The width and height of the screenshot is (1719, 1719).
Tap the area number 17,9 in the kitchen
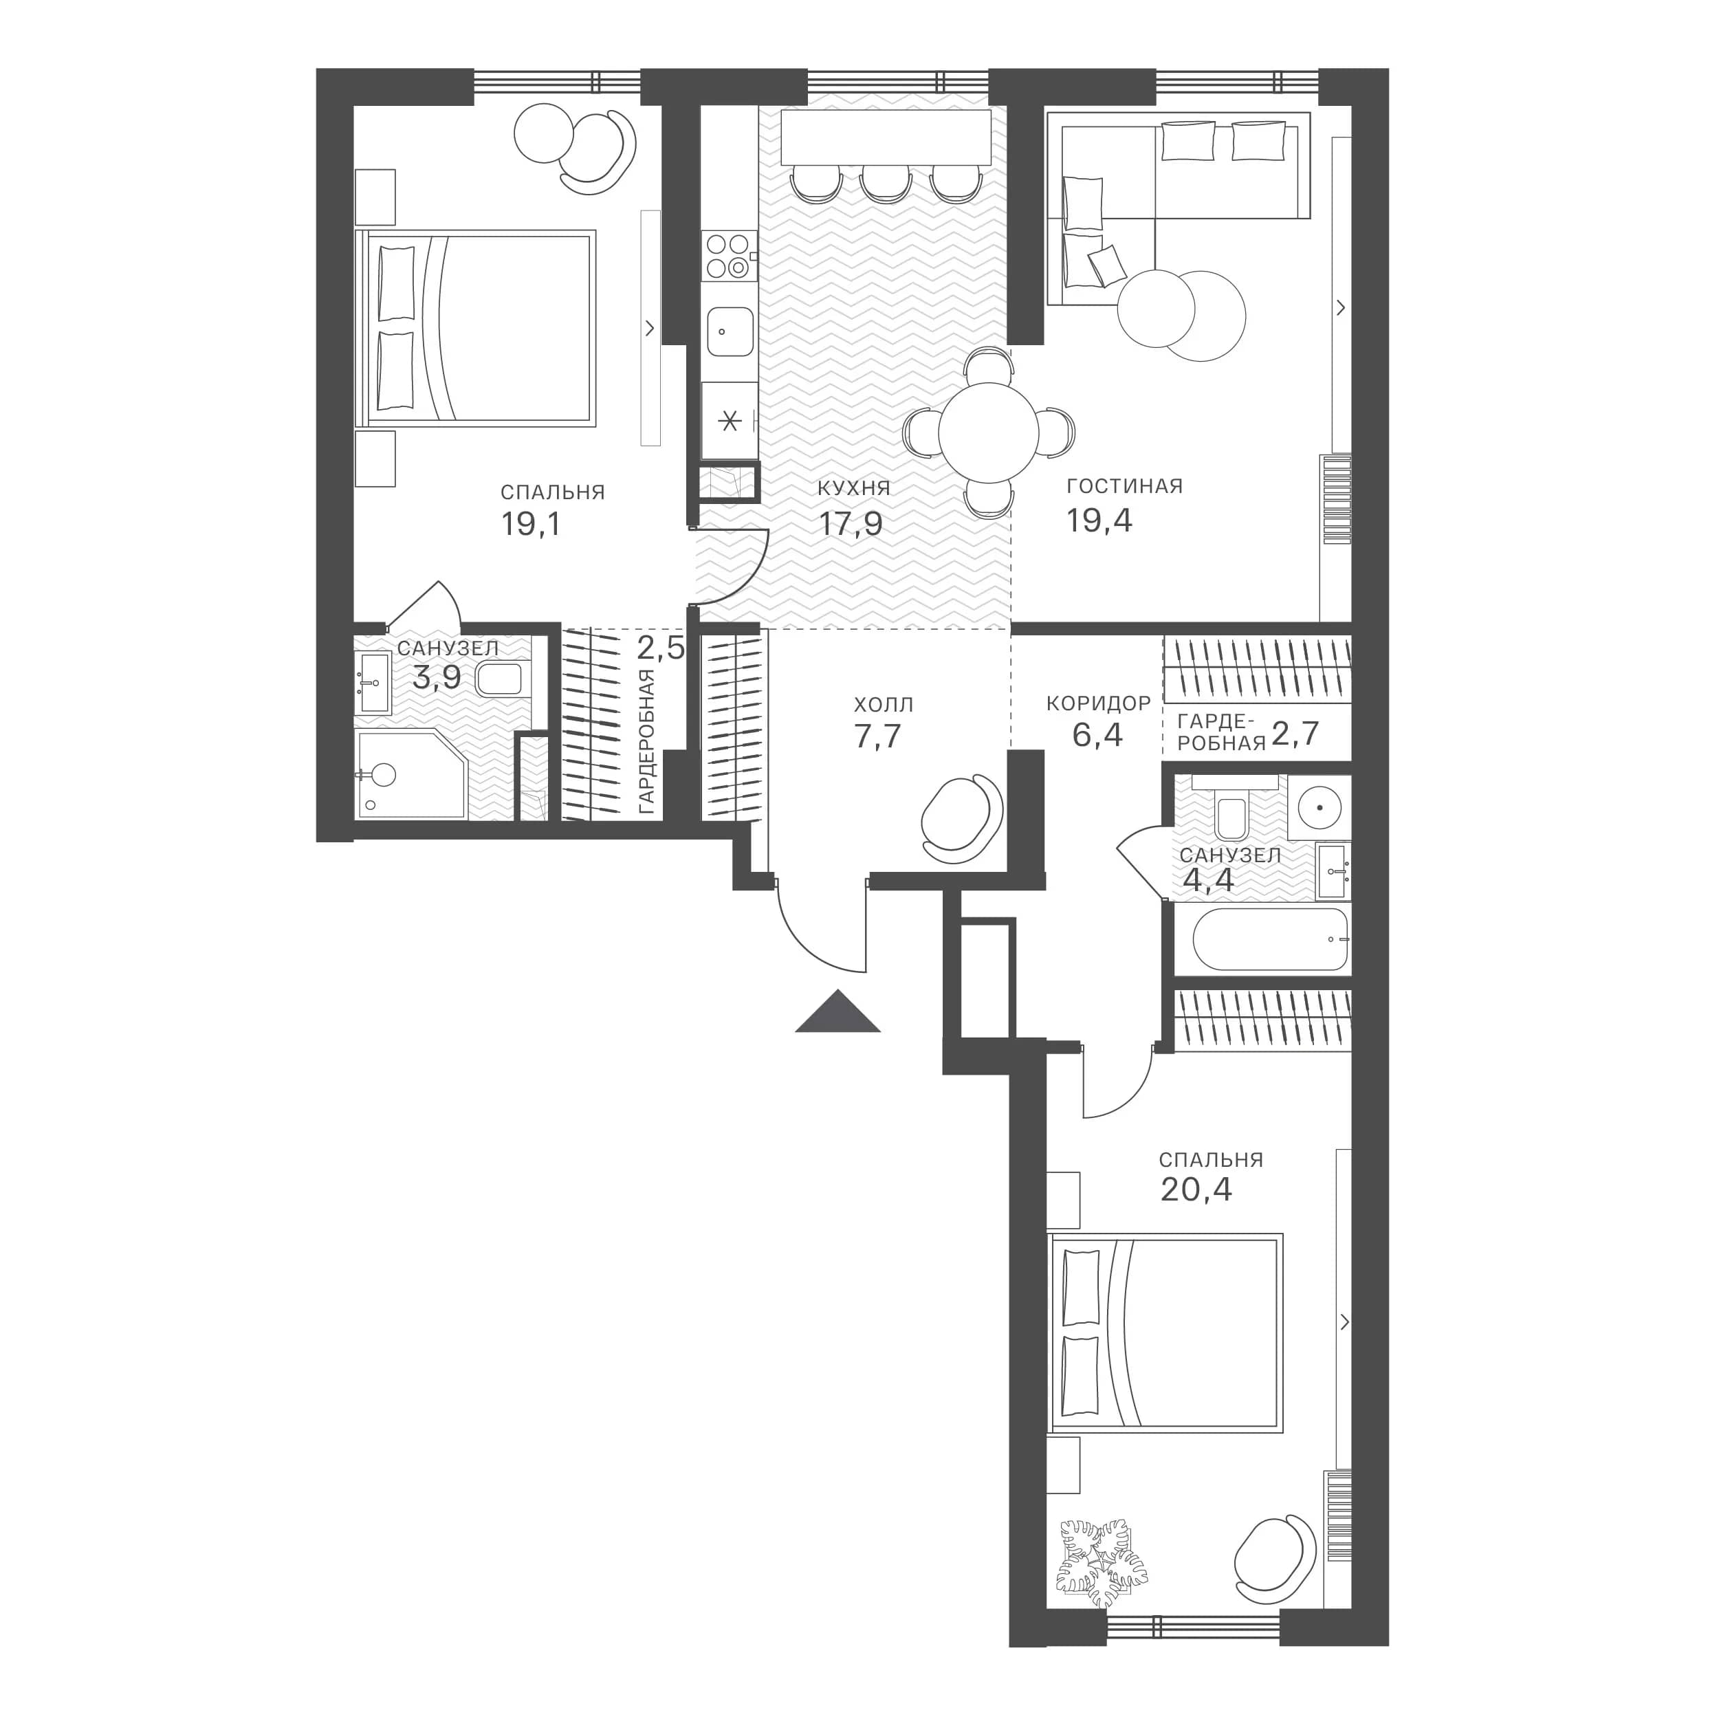click(x=851, y=524)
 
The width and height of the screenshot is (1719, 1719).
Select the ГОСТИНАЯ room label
click(x=1125, y=486)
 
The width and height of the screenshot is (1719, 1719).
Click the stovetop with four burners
click(x=729, y=255)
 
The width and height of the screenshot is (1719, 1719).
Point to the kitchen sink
click(x=730, y=331)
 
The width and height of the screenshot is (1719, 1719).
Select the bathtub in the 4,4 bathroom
click(x=1270, y=939)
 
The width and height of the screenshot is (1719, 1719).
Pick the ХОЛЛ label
click(x=884, y=705)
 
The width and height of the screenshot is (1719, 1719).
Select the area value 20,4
click(x=1196, y=1190)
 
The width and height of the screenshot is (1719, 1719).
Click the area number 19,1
click(x=532, y=524)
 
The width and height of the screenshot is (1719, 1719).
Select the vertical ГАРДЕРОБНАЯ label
click(x=647, y=742)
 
